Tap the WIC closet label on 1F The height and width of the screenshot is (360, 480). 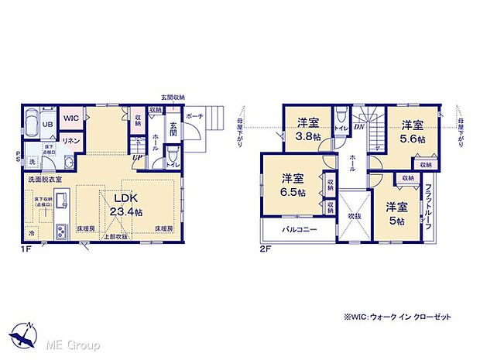tap(71, 118)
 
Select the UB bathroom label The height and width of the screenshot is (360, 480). tap(46, 125)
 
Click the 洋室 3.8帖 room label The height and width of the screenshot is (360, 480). tap(307, 127)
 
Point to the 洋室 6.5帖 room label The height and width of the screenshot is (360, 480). tap(293, 185)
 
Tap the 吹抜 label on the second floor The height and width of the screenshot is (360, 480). tap(355, 216)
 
